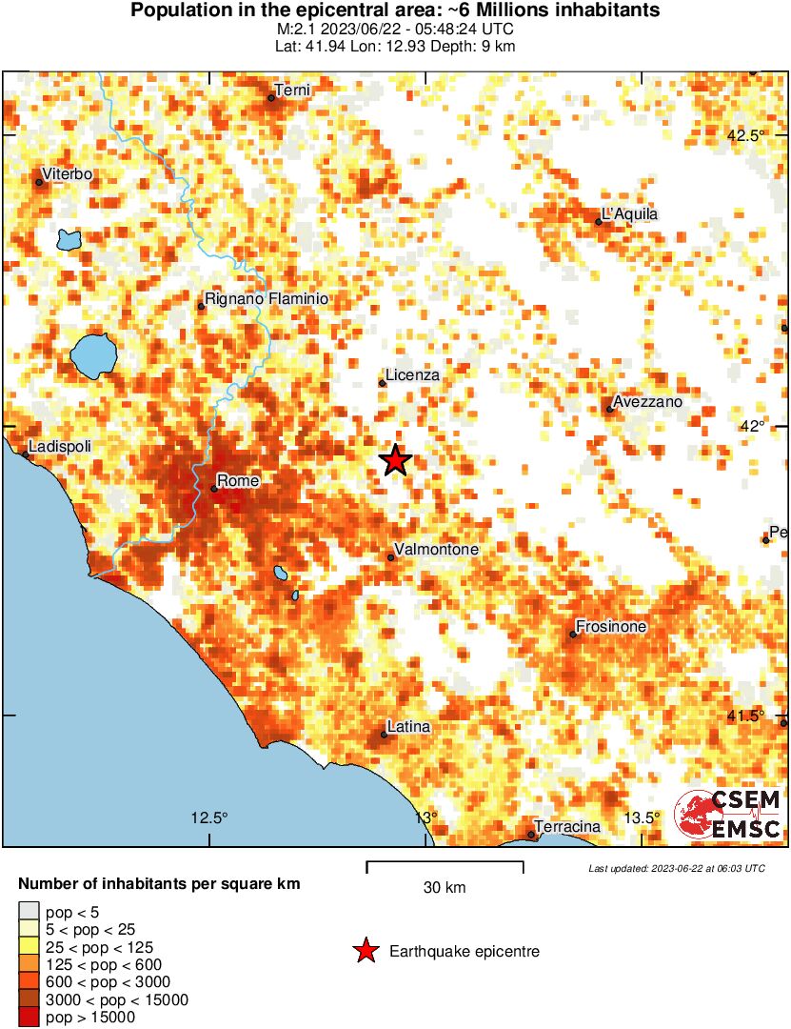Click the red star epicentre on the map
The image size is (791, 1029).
(x=396, y=460)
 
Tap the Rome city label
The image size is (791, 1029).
(x=238, y=481)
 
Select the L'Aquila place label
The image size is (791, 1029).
(x=629, y=214)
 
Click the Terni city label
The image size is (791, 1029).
(x=292, y=91)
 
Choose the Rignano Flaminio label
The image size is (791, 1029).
(x=267, y=299)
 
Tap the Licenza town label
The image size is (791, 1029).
(x=412, y=375)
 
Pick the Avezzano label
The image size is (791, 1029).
(x=648, y=402)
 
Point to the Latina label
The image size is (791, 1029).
(x=409, y=727)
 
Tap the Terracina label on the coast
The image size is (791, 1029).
(x=567, y=826)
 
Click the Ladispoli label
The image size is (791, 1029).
(x=61, y=446)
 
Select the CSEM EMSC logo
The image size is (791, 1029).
(x=729, y=816)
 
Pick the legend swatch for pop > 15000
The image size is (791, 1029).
(x=29, y=1018)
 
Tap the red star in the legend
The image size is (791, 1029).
(x=364, y=951)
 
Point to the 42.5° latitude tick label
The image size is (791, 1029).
(x=745, y=135)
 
